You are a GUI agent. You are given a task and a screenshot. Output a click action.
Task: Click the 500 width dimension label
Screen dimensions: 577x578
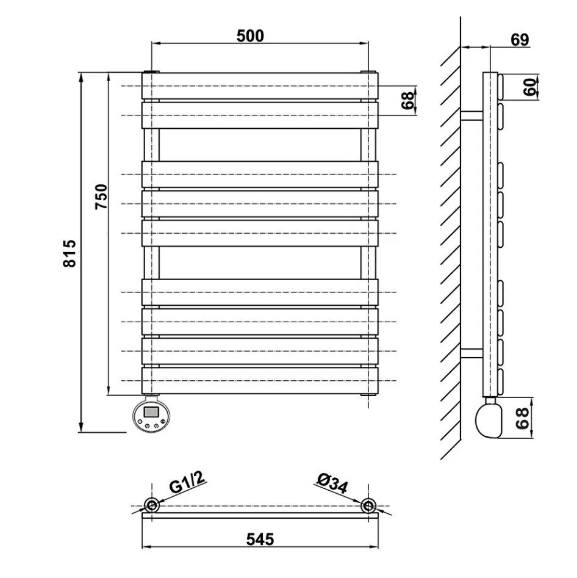point(250,36)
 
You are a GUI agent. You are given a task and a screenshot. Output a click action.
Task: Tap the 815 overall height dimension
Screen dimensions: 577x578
point(70,253)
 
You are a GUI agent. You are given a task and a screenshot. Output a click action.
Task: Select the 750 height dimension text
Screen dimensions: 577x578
point(101,197)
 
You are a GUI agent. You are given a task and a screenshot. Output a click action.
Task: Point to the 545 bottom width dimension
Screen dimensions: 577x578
point(260,540)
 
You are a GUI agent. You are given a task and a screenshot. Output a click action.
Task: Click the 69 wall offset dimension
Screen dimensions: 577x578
point(520,40)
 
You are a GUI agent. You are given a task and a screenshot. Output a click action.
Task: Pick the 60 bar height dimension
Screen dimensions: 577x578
point(530,87)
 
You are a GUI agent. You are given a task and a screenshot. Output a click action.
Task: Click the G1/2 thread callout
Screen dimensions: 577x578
point(187,482)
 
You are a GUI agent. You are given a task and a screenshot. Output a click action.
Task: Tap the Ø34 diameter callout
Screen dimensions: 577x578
point(332,483)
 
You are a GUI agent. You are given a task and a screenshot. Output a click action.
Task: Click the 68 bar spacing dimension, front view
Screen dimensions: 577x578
point(407,101)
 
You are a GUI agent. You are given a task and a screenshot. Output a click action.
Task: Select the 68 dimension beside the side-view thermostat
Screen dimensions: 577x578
point(522,418)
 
